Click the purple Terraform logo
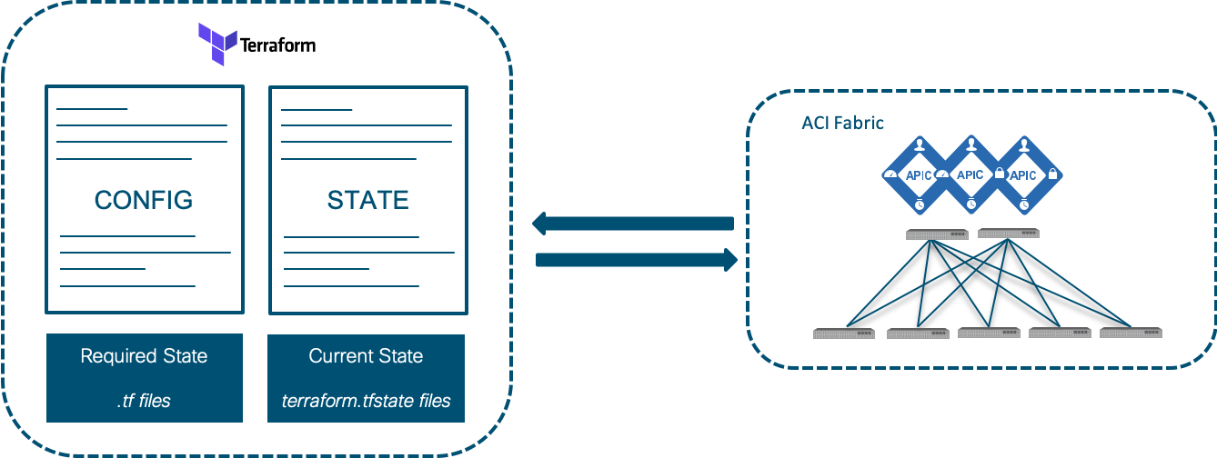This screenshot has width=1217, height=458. (x=218, y=45)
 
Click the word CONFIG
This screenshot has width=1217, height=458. (x=144, y=200)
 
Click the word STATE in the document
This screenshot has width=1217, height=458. (x=367, y=200)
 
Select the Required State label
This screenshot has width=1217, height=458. (x=144, y=355)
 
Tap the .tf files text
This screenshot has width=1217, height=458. (x=144, y=400)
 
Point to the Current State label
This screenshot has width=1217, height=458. (x=366, y=355)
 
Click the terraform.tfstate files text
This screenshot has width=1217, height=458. (x=366, y=400)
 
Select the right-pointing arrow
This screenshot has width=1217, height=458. (x=636, y=260)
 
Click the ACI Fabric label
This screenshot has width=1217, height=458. (x=842, y=123)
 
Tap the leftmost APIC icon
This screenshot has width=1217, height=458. (x=918, y=174)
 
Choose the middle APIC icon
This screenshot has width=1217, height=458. (x=971, y=174)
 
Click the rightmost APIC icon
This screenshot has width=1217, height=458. (x=1023, y=174)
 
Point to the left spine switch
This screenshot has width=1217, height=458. (x=937, y=234)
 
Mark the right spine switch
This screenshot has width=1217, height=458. (x=1008, y=234)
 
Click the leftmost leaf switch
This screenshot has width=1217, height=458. (x=843, y=334)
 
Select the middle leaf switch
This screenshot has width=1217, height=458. (x=988, y=333)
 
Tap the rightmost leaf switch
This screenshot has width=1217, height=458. (x=1131, y=333)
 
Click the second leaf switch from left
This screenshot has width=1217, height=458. (x=918, y=334)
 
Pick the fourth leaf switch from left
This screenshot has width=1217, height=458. (x=1059, y=333)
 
